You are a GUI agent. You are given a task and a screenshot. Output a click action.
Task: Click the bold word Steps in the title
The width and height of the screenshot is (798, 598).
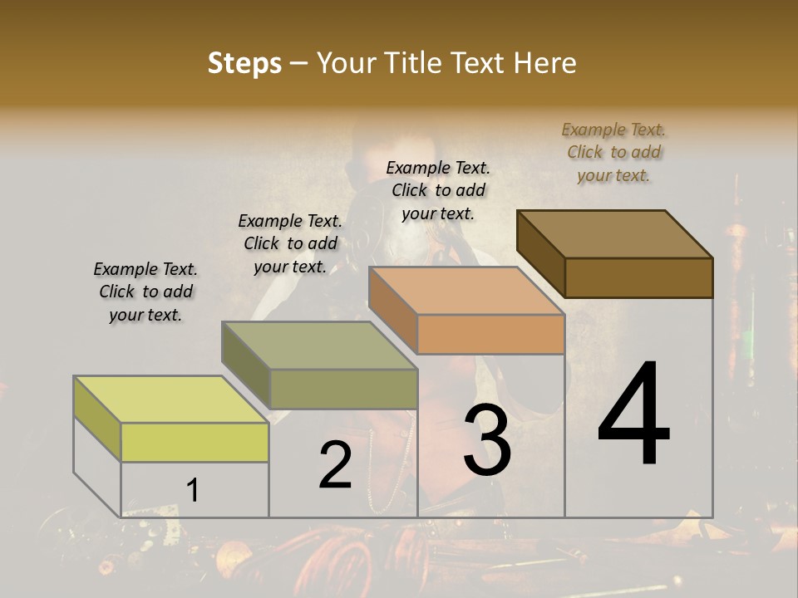(244, 63)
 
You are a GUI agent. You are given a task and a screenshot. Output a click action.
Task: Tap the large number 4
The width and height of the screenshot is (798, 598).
(633, 415)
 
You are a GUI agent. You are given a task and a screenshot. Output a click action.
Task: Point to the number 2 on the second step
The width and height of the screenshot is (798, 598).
(335, 465)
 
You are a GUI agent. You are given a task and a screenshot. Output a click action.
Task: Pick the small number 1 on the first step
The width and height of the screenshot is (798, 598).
(193, 490)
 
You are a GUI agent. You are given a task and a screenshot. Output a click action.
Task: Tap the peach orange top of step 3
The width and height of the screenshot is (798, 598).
(465, 291)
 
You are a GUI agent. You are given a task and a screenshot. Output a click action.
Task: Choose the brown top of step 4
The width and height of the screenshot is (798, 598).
(615, 233)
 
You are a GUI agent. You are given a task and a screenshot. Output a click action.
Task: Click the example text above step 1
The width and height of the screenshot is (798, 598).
(145, 292)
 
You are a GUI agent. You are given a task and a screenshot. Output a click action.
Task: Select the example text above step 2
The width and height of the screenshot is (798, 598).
(290, 243)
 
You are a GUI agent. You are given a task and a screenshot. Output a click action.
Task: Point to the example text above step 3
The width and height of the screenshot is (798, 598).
(438, 190)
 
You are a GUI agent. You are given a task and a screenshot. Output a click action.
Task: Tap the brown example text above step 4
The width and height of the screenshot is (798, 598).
(613, 152)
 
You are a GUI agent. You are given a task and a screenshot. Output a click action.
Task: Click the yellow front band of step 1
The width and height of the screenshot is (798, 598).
(195, 442)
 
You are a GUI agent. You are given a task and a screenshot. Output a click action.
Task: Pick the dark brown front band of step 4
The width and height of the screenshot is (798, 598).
(638, 277)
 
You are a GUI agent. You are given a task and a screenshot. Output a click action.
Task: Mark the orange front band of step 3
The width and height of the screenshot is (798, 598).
(490, 334)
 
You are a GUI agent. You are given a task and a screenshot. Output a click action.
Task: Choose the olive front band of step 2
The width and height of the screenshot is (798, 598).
(343, 389)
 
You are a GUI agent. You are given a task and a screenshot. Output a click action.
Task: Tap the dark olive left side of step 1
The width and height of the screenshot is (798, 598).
(97, 416)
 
